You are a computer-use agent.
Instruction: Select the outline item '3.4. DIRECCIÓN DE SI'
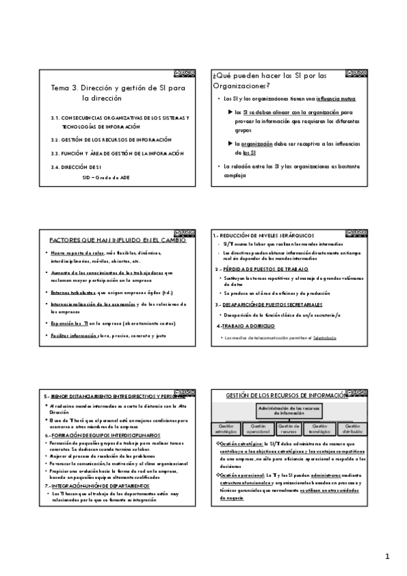pyautogui.click(x=75, y=167)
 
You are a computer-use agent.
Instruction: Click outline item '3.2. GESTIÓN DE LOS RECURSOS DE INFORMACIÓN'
pyautogui.click(x=111, y=140)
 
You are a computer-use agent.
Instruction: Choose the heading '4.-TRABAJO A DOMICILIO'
pyautogui.click(x=243, y=325)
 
